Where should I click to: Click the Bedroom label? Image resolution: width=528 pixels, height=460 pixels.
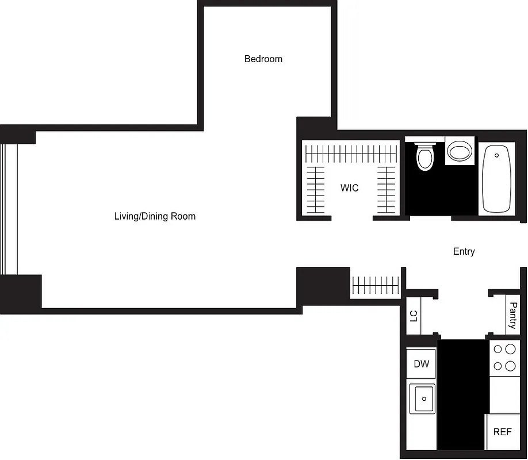click(263, 59)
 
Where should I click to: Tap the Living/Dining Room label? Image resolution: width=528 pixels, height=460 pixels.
click(155, 217)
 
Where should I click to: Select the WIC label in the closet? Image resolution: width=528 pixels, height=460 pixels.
click(349, 188)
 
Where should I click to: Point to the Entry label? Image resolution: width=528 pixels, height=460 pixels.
click(464, 252)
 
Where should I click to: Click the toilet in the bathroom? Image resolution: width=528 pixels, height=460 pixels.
click(425, 156)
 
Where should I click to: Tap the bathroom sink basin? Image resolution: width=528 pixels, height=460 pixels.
click(460, 152)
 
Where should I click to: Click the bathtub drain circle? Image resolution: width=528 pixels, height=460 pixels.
click(496, 155)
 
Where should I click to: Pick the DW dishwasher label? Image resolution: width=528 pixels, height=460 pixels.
click(421, 364)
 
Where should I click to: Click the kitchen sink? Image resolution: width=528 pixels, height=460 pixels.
click(422, 398)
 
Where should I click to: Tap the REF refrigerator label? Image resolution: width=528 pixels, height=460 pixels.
click(502, 431)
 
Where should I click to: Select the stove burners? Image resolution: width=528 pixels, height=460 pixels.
click(504, 357)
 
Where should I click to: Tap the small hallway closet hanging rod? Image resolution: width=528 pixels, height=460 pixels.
click(375, 284)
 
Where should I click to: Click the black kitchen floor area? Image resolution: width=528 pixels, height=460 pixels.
click(462, 397)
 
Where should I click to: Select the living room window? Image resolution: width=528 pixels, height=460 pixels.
click(10, 209)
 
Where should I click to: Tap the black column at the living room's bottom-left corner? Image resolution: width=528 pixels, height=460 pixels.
click(21, 293)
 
